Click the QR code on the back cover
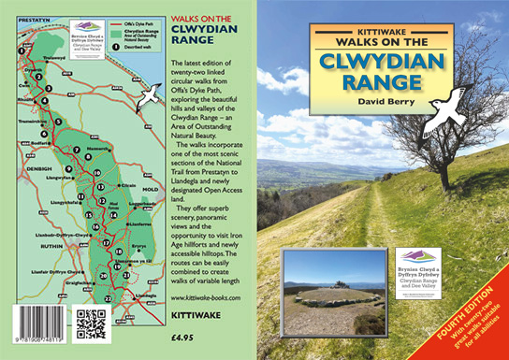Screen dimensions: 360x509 point(92,322)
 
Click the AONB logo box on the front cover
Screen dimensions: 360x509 point(420,271)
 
